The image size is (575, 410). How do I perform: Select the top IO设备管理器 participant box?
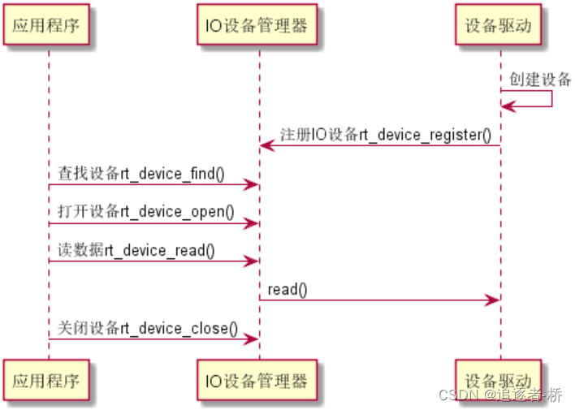tap(257, 26)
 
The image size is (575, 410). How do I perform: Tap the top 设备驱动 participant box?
tap(498, 26)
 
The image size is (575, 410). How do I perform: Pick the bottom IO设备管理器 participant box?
tap(257, 380)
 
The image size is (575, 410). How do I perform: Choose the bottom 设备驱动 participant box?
tap(498, 380)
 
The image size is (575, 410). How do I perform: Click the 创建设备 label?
tap(540, 80)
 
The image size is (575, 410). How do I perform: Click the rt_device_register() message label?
tap(386, 135)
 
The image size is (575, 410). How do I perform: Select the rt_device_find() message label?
tap(141, 174)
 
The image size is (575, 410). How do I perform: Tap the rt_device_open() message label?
tap(145, 213)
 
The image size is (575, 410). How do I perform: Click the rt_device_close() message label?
tap(147, 328)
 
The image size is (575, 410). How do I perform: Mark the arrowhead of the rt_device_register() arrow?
tap(265, 145)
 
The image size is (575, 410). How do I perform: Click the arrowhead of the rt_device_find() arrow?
tap(253, 185)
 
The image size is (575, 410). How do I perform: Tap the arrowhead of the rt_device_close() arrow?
tap(253, 339)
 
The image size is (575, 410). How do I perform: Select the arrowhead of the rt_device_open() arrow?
tap(253, 223)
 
